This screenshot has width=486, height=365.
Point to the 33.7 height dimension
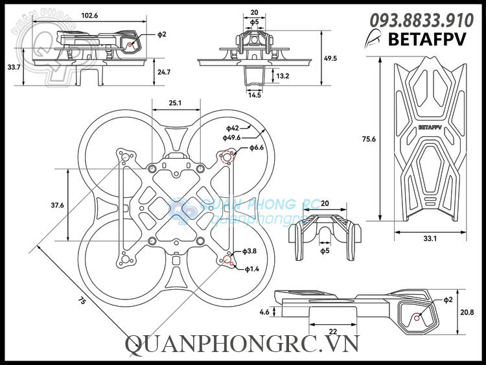(12, 67)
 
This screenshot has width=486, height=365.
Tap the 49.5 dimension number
(330, 58)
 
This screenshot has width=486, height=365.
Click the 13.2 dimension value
(283, 76)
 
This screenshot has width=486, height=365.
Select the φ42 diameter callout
(233, 128)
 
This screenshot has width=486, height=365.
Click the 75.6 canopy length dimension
(369, 139)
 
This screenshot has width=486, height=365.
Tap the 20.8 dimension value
(468, 312)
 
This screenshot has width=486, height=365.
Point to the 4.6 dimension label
(264, 312)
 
